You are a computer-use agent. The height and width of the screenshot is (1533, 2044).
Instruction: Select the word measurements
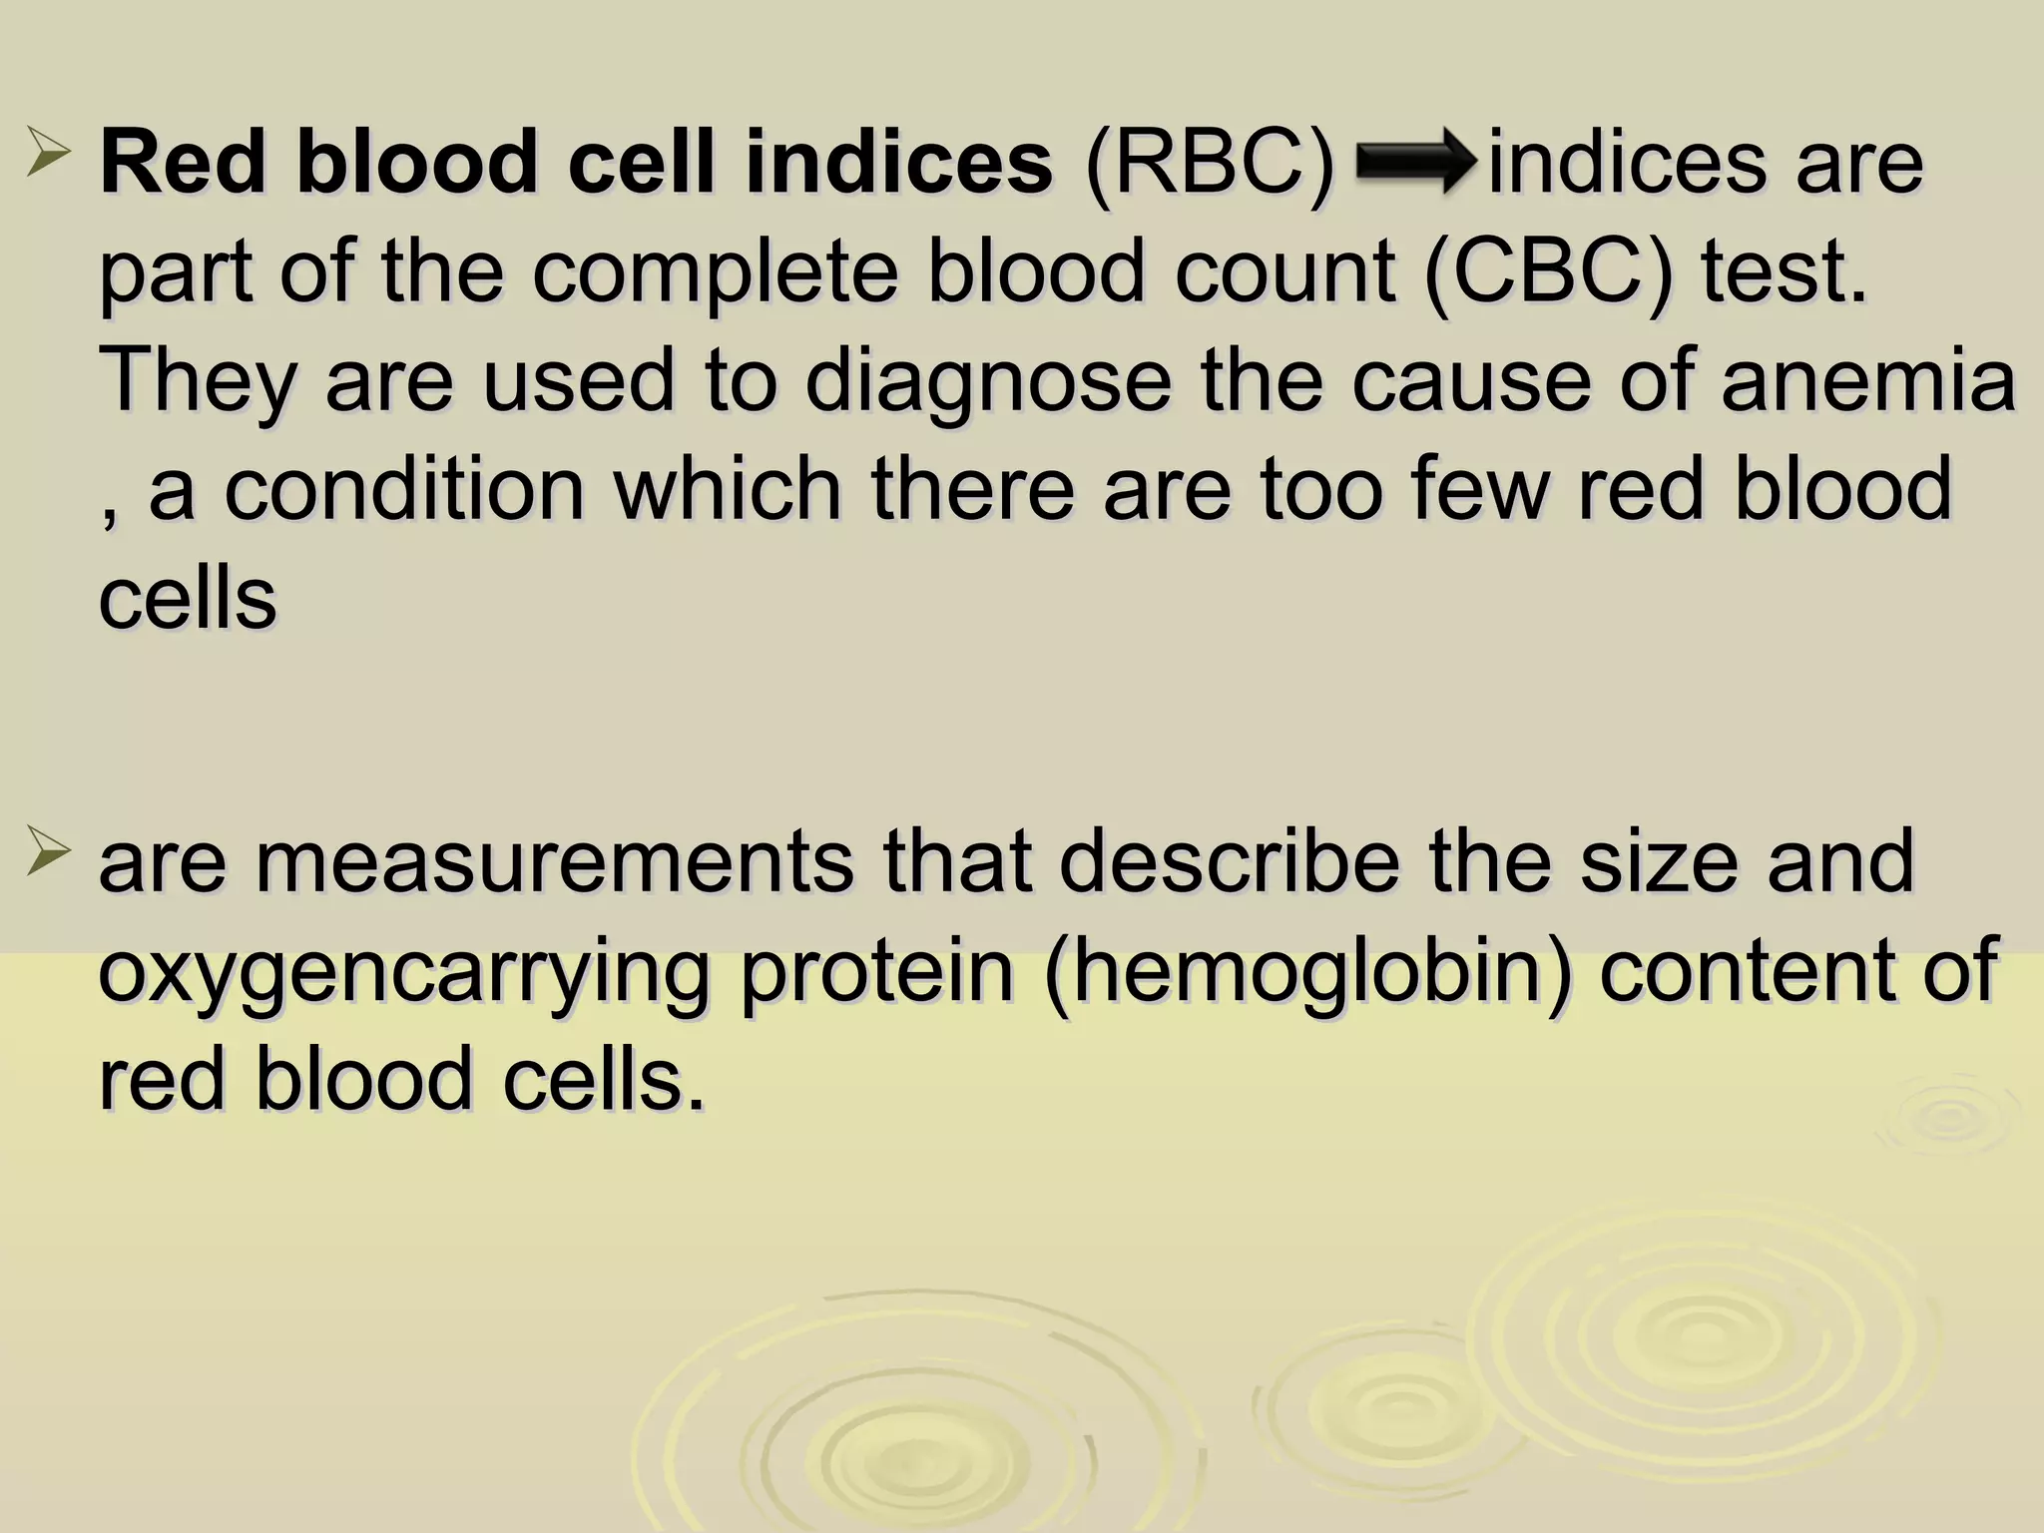point(554,860)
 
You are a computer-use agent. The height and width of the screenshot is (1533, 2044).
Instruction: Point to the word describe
point(1228,860)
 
